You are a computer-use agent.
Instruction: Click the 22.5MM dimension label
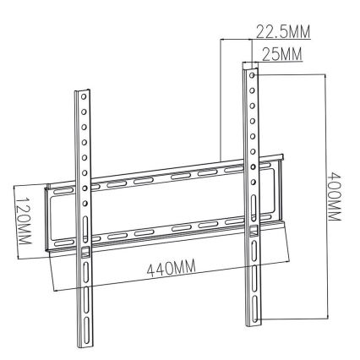[x=281, y=33]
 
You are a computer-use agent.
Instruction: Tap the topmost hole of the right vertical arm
[x=251, y=74]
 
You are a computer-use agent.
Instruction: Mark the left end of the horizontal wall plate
[x=49, y=217]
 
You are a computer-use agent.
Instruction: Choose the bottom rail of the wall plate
[x=169, y=233]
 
